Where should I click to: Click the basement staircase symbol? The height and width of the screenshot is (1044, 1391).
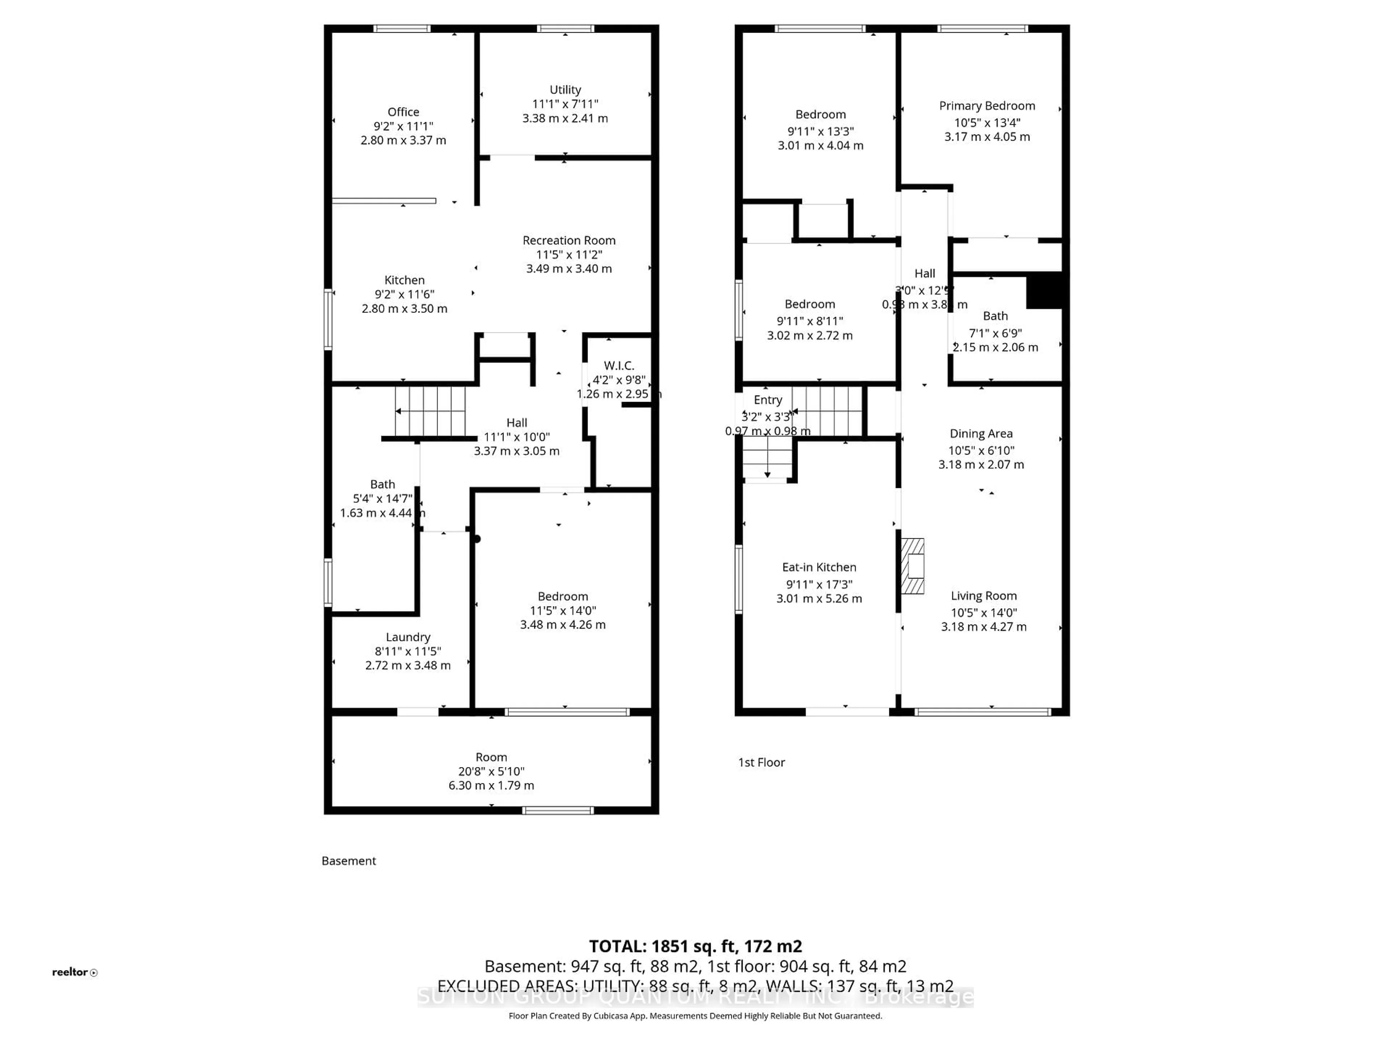coord(430,411)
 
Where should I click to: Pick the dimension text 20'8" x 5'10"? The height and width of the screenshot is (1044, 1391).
coord(491,771)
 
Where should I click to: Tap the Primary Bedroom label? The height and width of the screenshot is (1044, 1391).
coord(987,106)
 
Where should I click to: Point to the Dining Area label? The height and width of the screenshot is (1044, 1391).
coord(981,434)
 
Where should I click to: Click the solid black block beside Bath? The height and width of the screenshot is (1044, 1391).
coord(1044,290)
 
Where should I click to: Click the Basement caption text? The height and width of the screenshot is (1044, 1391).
coord(348,861)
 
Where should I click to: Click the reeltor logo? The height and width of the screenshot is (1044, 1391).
coord(74,972)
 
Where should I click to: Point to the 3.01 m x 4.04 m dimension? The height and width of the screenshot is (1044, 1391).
coord(820,145)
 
